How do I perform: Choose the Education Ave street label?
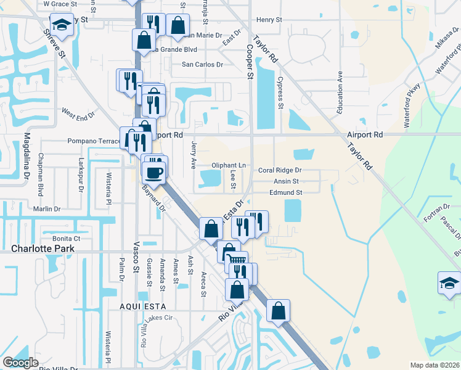(339, 91)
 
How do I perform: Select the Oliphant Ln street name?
(229, 165)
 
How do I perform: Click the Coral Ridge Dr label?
(280, 170)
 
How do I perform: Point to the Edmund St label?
(285, 192)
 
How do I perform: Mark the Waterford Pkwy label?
(412, 105)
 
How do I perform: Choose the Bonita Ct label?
(67, 238)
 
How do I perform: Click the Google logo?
(20, 363)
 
